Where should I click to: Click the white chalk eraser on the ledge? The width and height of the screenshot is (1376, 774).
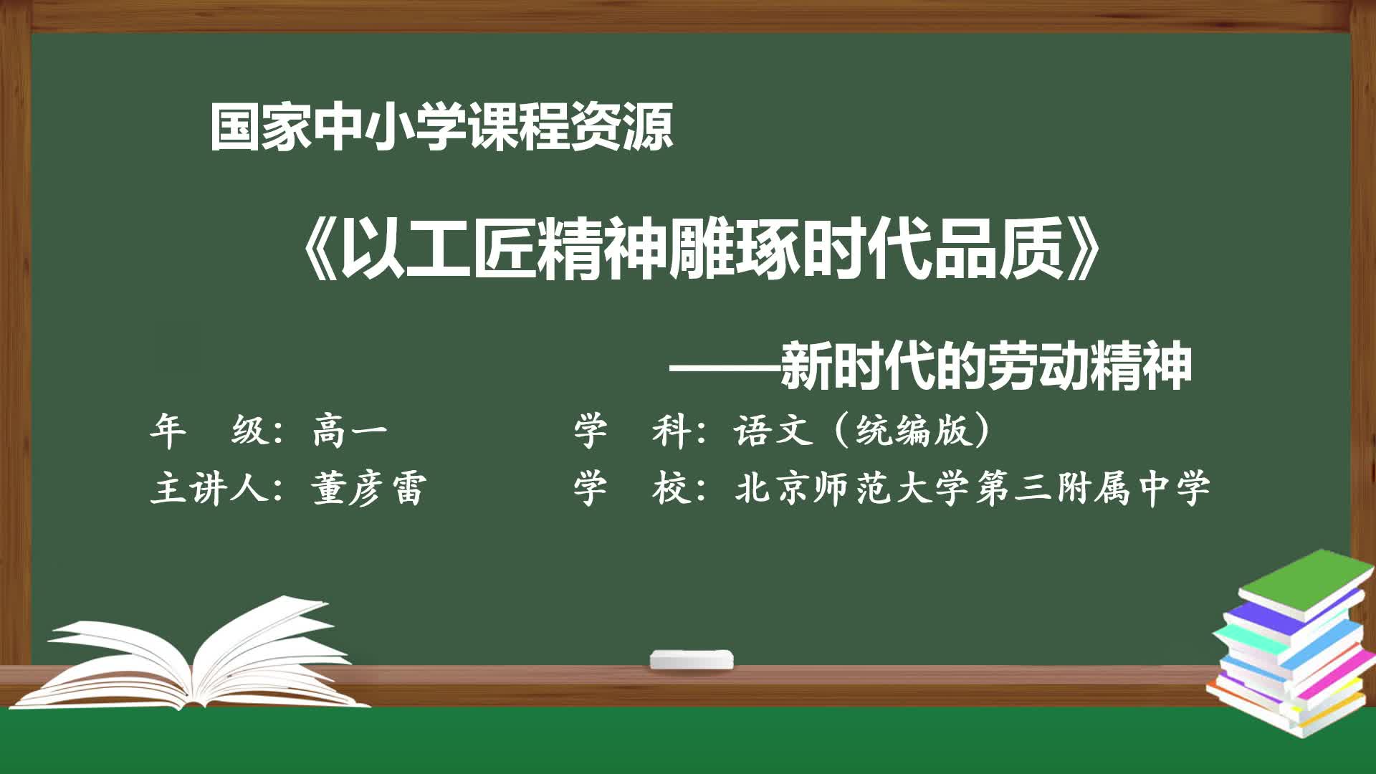[692, 659]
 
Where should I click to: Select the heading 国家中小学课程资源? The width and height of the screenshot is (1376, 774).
[441, 128]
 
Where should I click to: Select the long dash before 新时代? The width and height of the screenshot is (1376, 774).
[725, 369]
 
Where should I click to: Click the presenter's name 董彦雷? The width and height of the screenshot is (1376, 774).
[368, 489]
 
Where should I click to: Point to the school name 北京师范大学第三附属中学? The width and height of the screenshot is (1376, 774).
[973, 489]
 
